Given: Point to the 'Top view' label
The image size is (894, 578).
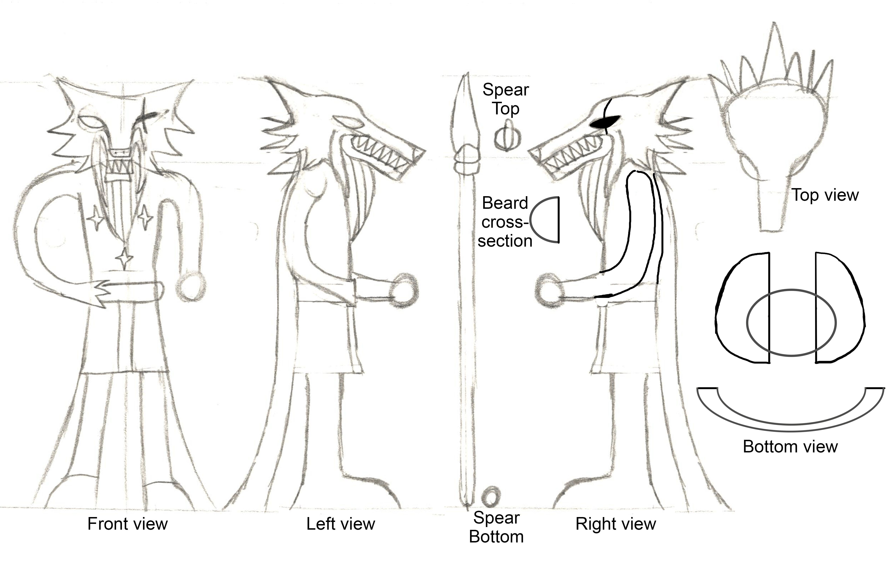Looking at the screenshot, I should (825, 195).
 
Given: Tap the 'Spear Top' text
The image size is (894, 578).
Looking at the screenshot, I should (506, 99).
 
